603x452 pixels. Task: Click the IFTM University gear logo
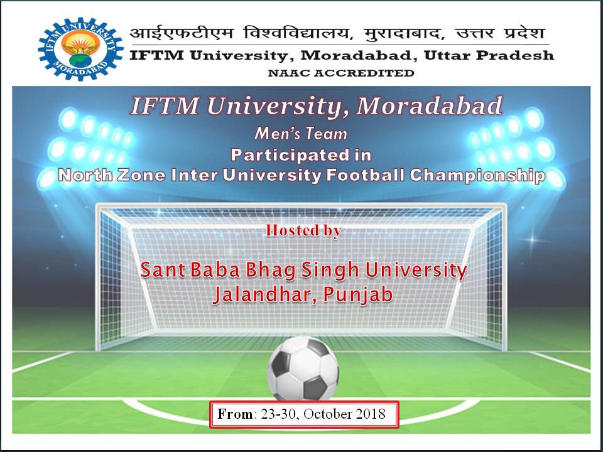pyautogui.click(x=81, y=49)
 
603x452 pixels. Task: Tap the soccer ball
pyautogui.click(x=303, y=369)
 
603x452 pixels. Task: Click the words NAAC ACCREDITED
pyautogui.click(x=340, y=73)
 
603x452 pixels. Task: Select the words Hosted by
pyautogui.click(x=303, y=230)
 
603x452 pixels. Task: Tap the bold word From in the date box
pyautogui.click(x=235, y=414)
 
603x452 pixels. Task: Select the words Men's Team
pyautogui.click(x=301, y=134)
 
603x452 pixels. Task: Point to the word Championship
pyautogui.click(x=477, y=176)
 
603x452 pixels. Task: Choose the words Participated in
pyautogui.click(x=301, y=155)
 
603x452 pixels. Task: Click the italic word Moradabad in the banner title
pyautogui.click(x=429, y=105)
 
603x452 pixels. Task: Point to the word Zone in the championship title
pyautogui.click(x=141, y=176)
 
